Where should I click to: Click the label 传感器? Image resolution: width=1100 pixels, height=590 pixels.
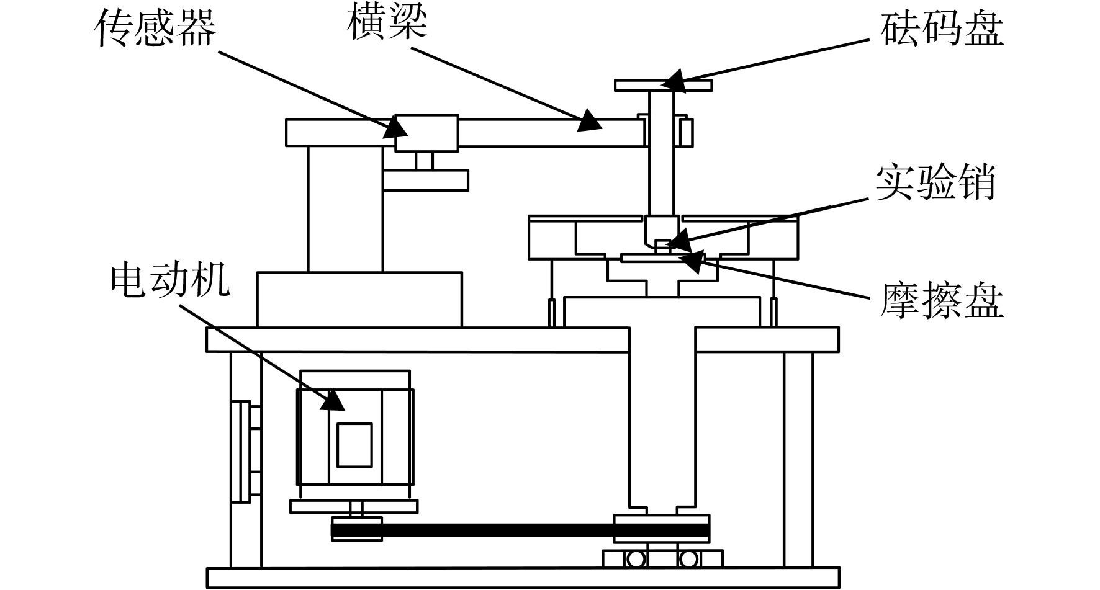point(155,29)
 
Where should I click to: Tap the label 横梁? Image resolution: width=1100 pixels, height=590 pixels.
point(387,24)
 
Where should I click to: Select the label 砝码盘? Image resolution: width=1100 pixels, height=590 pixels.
point(941,29)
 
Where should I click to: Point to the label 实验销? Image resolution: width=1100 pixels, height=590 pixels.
point(935,181)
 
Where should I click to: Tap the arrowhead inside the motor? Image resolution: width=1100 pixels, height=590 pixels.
point(333,400)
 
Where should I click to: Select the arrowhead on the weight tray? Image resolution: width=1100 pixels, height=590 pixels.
point(673,81)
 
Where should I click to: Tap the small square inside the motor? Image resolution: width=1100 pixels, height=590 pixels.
point(354,445)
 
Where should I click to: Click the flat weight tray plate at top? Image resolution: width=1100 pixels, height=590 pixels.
point(663,86)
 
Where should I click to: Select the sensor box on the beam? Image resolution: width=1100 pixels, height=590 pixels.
point(426,133)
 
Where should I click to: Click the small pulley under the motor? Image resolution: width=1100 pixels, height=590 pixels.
point(356,530)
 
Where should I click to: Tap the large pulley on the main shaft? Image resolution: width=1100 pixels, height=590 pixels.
point(662,529)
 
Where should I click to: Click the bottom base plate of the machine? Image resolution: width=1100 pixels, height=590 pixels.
point(523,578)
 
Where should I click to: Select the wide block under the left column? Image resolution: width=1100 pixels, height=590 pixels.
point(359,299)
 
